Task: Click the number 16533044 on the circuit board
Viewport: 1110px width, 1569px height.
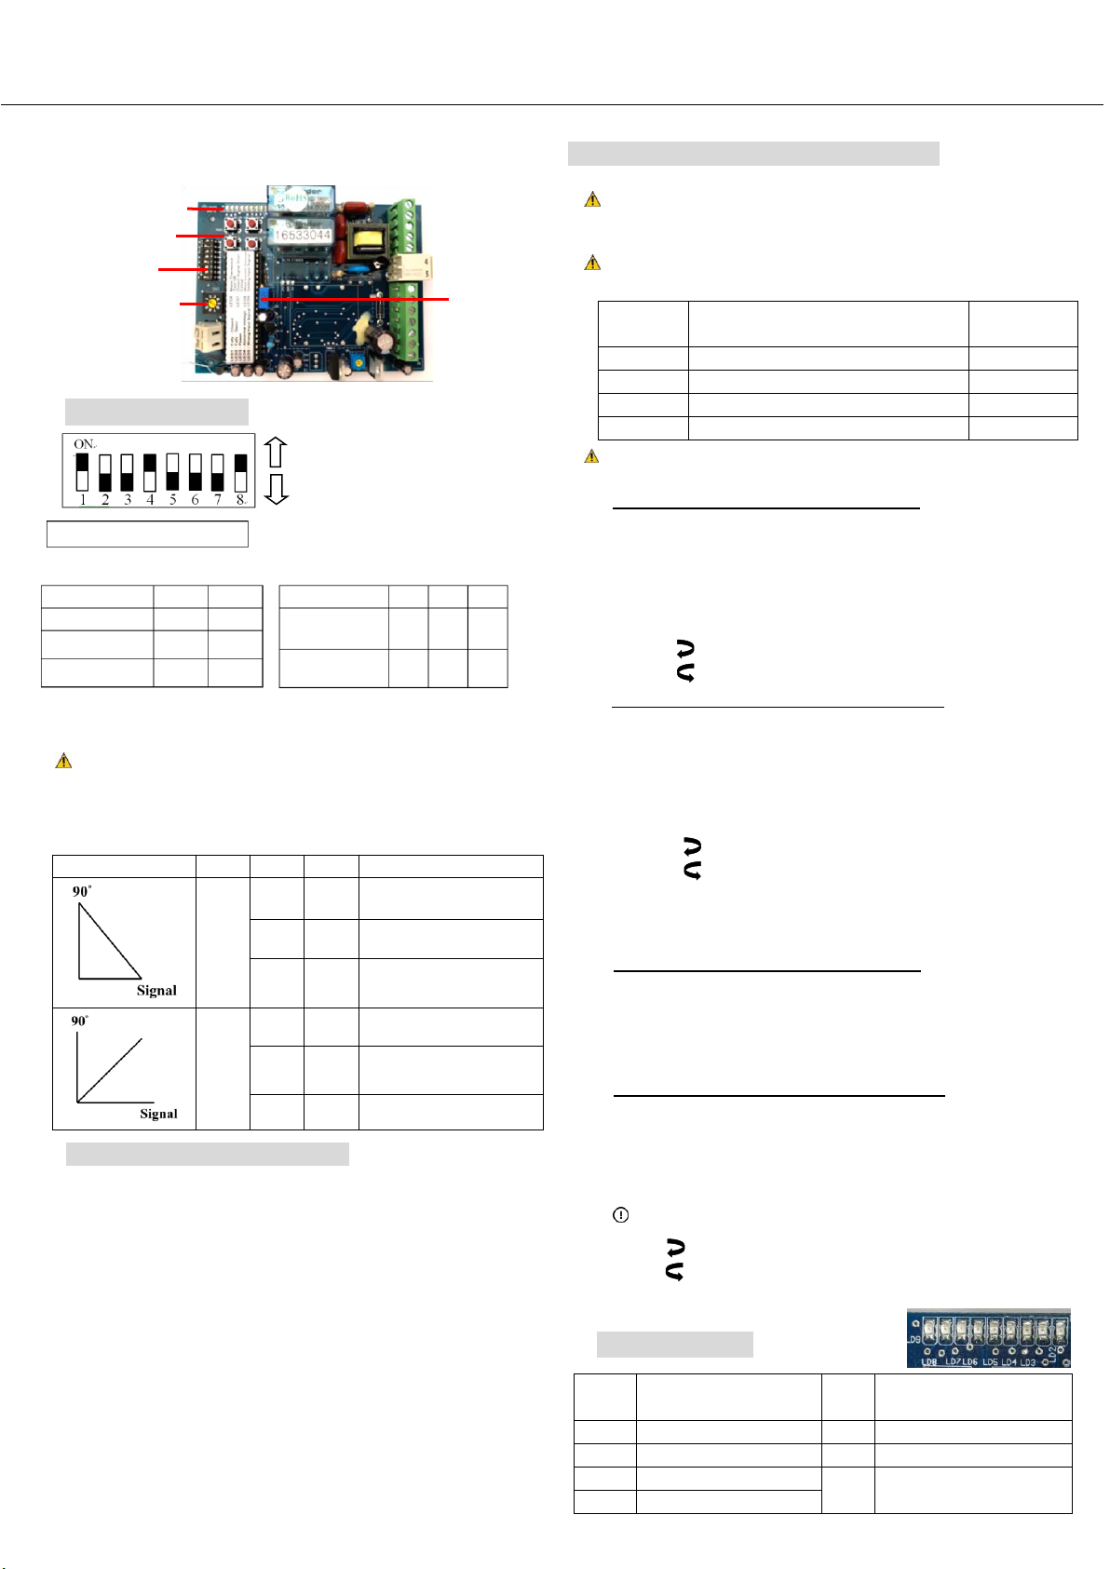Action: point(302,235)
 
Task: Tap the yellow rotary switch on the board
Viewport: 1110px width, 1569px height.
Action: point(213,304)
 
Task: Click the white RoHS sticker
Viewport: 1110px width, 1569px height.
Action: point(300,198)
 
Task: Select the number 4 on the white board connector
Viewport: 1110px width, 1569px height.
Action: point(427,262)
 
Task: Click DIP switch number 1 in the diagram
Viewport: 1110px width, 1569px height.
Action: point(83,471)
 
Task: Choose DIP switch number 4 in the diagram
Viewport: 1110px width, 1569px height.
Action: point(150,471)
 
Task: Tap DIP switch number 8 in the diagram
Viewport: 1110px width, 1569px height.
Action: point(240,471)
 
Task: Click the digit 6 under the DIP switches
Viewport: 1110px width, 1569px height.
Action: point(195,500)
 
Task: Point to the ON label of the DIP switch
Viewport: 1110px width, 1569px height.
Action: point(84,444)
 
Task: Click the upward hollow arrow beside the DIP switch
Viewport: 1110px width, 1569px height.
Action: point(276,452)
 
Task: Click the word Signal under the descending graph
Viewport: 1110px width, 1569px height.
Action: point(156,990)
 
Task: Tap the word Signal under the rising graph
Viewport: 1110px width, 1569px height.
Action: point(158,1114)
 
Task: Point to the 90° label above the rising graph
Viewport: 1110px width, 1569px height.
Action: point(81,1021)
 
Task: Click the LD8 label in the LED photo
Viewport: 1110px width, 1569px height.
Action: point(928,1361)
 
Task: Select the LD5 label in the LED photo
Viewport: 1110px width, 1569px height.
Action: point(990,1361)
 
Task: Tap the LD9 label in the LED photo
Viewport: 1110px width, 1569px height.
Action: point(915,1339)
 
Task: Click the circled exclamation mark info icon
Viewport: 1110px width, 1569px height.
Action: point(621,1215)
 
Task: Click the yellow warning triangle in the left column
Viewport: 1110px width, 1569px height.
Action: point(63,761)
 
